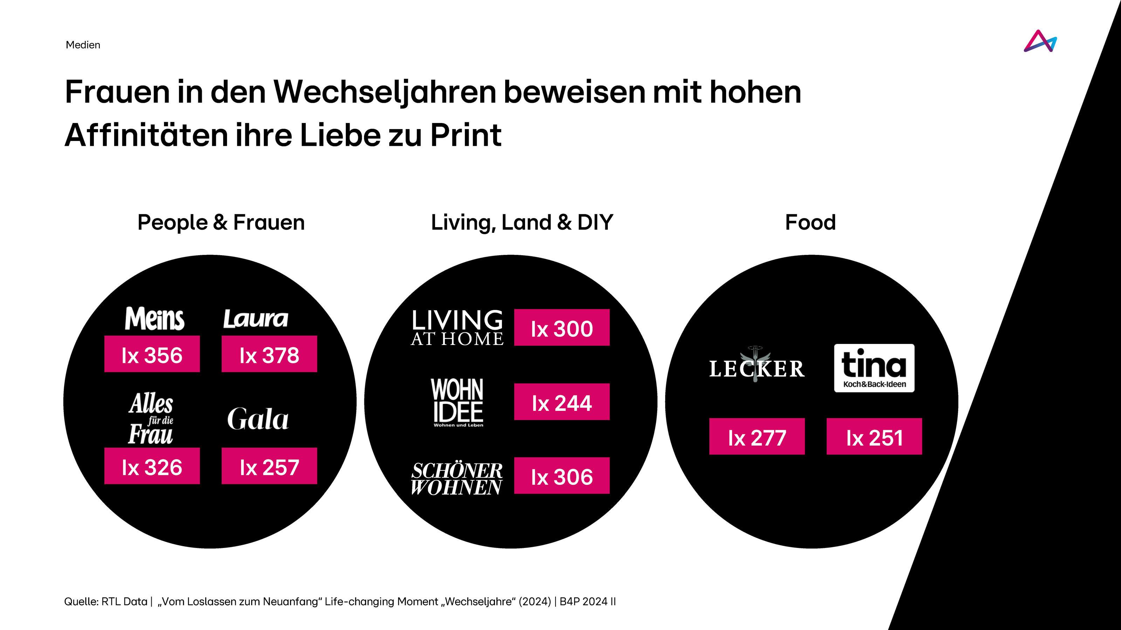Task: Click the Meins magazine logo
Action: point(154,319)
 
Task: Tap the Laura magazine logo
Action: point(256,319)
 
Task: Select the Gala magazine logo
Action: point(257,419)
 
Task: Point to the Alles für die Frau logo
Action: point(151,419)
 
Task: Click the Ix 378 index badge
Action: point(269,354)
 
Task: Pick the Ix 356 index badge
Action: point(152,354)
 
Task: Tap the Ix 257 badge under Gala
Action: point(269,466)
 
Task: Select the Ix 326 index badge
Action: point(152,466)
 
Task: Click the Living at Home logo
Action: point(457,328)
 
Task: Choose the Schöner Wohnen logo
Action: point(456,479)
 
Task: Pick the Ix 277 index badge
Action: point(757,436)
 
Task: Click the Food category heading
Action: point(810,223)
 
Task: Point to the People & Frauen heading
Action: point(221,223)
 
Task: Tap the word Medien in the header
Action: point(83,45)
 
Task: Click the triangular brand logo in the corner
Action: point(1040,41)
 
